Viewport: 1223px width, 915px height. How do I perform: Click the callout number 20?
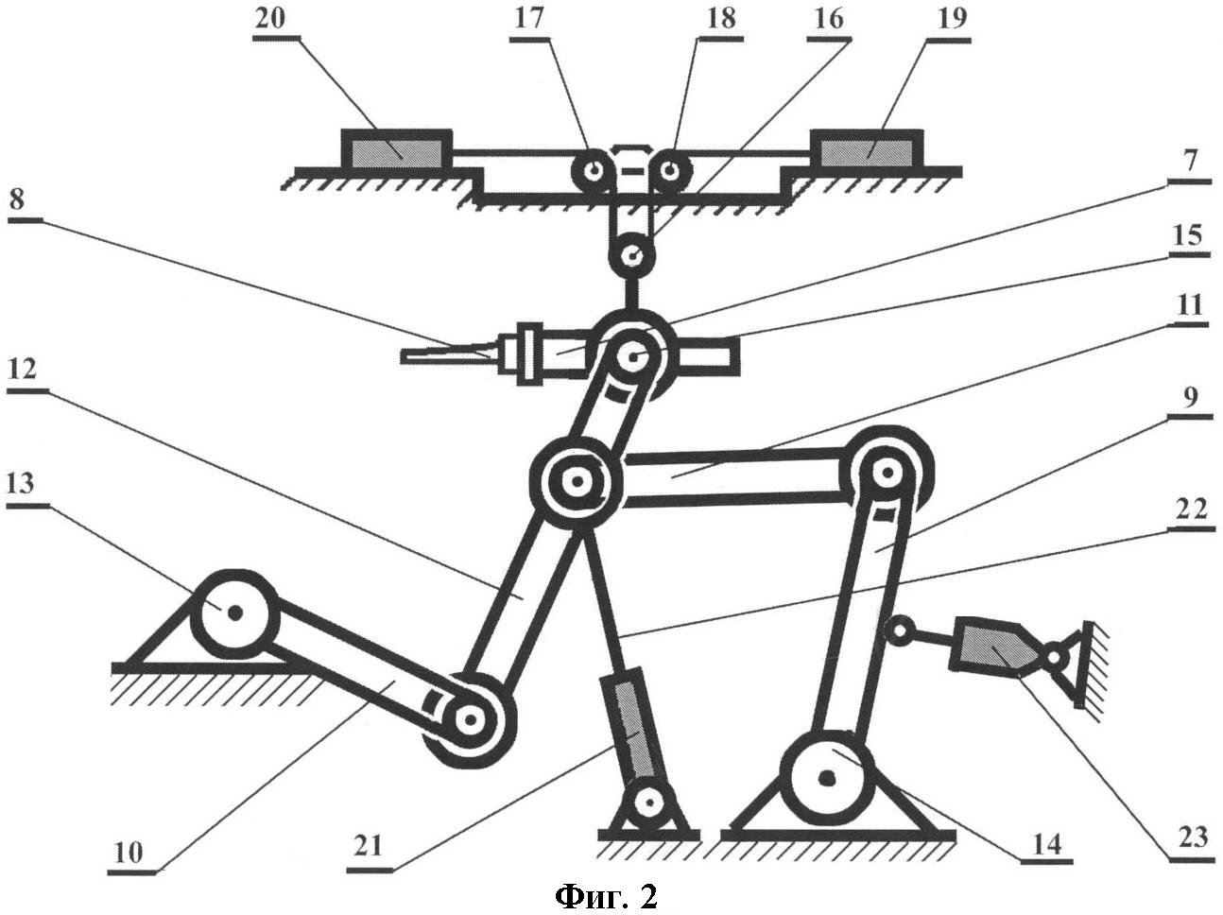coord(270,21)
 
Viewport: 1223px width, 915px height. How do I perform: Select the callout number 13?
coord(20,484)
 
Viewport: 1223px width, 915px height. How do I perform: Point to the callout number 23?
coord(1192,837)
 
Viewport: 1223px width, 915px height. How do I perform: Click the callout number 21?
coord(367,846)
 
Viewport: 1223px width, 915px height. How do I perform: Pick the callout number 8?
coord(17,200)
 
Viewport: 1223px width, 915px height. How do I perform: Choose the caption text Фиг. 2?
coord(606,897)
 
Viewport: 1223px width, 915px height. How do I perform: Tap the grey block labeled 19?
coord(865,151)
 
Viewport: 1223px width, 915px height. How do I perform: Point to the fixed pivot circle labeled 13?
coord(234,613)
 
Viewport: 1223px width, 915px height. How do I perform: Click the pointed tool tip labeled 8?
coord(446,354)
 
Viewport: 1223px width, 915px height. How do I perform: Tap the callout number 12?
coord(23,369)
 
